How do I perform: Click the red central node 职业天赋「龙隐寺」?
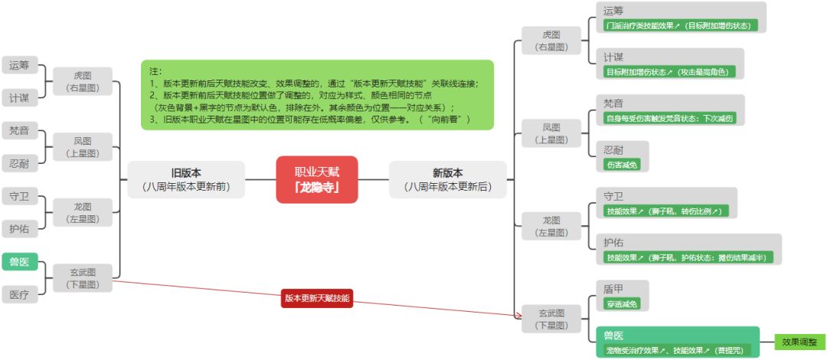[317, 179]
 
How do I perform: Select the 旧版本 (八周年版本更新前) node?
[186, 179]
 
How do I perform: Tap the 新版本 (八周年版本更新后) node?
[448, 179]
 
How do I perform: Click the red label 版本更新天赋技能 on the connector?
[317, 298]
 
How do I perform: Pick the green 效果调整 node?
[799, 342]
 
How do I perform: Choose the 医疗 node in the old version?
[19, 294]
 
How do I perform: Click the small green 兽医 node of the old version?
[19, 263]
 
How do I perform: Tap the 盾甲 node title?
[614, 288]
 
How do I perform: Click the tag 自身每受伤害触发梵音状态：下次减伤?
[670, 118]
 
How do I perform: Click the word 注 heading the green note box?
[155, 71]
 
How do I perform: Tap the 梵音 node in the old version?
[19, 130]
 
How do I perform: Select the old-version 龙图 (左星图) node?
[83, 212]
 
